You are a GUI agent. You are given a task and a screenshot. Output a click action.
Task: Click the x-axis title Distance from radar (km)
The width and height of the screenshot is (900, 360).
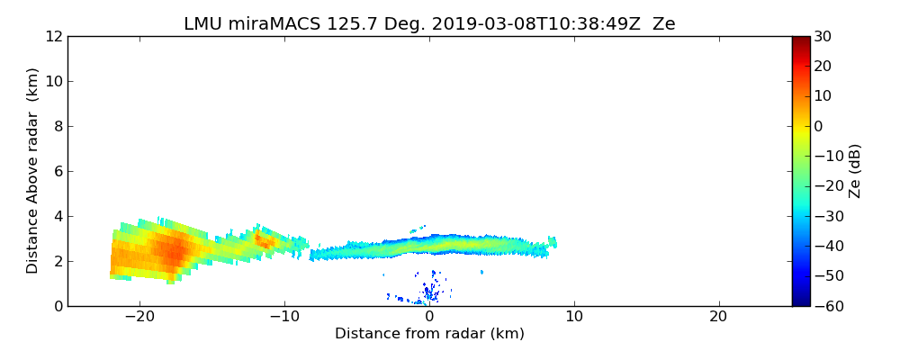(x=429, y=334)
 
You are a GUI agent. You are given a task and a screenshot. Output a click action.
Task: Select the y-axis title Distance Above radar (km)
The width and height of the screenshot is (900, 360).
(x=33, y=170)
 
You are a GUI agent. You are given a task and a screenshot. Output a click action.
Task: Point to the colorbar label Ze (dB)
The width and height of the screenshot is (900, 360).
(x=855, y=170)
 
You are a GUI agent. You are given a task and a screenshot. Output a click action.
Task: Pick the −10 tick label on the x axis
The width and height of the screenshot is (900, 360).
(x=283, y=318)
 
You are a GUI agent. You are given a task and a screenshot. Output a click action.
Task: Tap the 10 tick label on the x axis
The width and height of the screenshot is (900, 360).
(x=573, y=318)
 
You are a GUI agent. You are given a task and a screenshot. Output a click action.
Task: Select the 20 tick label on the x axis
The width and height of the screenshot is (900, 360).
(x=718, y=318)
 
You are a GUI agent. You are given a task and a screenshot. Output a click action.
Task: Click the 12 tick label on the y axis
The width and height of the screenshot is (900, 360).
(x=52, y=37)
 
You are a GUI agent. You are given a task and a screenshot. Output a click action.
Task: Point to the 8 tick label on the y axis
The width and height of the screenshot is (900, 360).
(x=57, y=127)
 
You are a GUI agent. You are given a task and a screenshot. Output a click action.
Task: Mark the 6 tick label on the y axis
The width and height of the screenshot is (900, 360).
(x=57, y=172)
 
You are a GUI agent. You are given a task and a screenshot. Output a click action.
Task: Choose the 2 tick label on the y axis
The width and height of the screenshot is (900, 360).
(x=57, y=262)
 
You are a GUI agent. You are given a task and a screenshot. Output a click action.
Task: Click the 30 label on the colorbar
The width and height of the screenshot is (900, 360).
(x=822, y=37)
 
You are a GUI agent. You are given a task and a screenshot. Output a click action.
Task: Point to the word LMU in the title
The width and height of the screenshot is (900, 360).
(x=202, y=24)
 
